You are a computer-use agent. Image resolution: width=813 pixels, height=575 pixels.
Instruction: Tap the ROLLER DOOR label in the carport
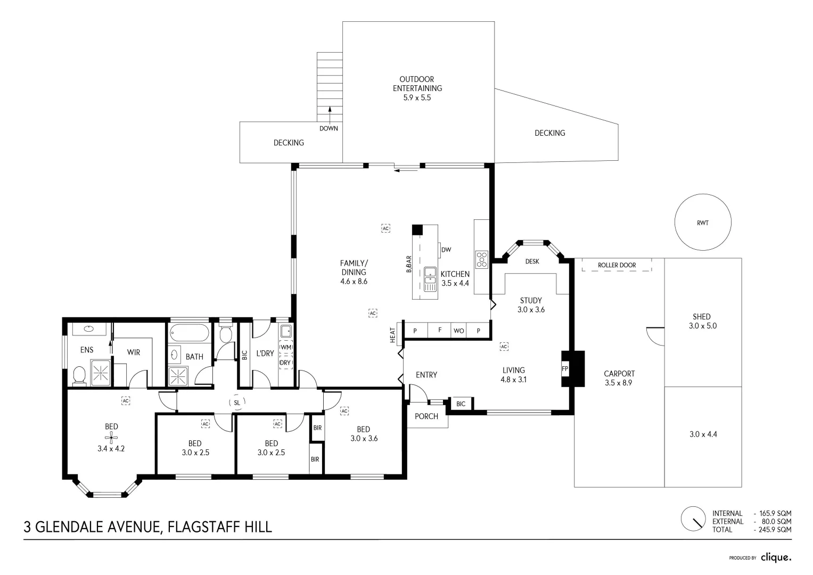pyautogui.click(x=617, y=265)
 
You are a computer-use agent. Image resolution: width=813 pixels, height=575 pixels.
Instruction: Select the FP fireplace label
pyautogui.click(x=565, y=369)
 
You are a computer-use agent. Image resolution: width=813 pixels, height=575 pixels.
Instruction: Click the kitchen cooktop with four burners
pyautogui.click(x=482, y=260)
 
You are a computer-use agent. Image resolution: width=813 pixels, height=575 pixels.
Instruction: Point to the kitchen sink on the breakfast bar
pyautogui.click(x=430, y=280)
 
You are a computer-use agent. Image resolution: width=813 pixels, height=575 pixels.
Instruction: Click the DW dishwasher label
pyautogui.click(x=446, y=250)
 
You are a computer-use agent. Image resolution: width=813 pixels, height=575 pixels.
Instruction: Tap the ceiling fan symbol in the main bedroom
pyautogui.click(x=111, y=438)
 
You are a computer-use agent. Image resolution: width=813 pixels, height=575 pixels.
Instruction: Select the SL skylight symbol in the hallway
pyautogui.click(x=237, y=402)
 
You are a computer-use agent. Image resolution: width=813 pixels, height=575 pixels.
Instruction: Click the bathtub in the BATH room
pyautogui.click(x=189, y=333)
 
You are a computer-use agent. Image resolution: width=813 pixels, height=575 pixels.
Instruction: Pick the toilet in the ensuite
pyautogui.click(x=79, y=375)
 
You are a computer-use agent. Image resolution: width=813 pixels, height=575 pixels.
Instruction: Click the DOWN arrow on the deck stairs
pyautogui.click(x=330, y=116)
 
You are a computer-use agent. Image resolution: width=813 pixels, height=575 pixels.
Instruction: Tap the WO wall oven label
pyautogui.click(x=459, y=331)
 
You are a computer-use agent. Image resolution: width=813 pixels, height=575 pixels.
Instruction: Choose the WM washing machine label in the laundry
pyautogui.click(x=285, y=347)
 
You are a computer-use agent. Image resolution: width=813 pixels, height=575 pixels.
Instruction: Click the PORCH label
pyautogui.click(x=426, y=416)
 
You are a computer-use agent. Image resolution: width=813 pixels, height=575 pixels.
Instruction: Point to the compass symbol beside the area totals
pyautogui.click(x=693, y=519)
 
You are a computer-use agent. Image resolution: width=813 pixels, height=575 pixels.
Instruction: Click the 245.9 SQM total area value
pyautogui.click(x=775, y=530)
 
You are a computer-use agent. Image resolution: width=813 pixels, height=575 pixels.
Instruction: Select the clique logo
pyautogui.click(x=776, y=557)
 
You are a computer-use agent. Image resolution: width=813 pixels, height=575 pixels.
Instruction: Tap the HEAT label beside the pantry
pyautogui.click(x=393, y=335)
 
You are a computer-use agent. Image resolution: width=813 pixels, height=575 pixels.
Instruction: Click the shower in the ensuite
pyautogui.click(x=100, y=373)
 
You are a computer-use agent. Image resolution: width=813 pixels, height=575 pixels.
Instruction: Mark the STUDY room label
pyautogui.click(x=531, y=301)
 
